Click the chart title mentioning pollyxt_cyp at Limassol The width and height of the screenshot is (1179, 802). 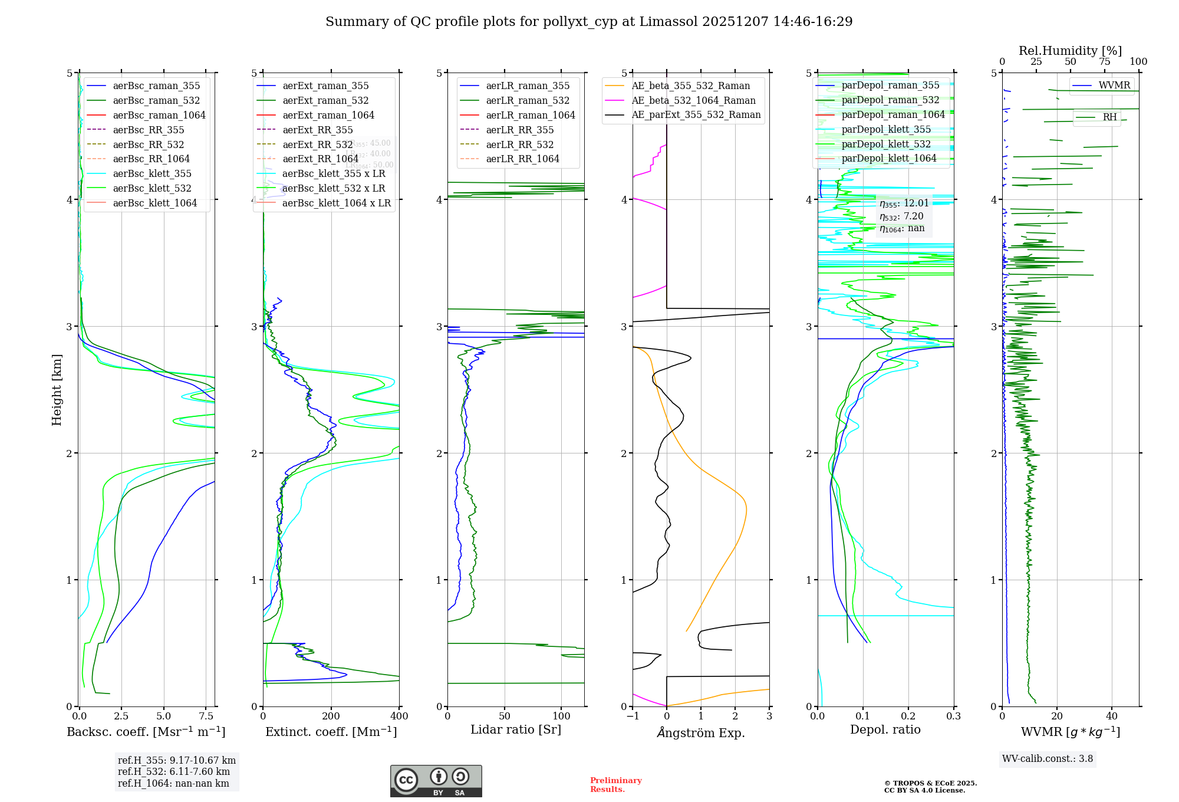(x=589, y=22)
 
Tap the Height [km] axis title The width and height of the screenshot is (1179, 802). (x=57, y=390)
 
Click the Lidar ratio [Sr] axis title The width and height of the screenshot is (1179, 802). (x=516, y=730)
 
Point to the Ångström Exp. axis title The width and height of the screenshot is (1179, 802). (x=701, y=732)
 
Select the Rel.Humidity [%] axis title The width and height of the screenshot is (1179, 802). (x=1070, y=51)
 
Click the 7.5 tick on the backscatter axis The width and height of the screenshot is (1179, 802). (x=206, y=716)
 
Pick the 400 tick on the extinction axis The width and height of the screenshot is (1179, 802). (x=399, y=716)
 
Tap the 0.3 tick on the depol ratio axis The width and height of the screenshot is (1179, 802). (x=953, y=716)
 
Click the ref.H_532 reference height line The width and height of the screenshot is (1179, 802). (x=174, y=772)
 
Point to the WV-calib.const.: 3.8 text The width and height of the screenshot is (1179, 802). (x=1048, y=759)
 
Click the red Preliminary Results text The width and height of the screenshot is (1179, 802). (x=615, y=785)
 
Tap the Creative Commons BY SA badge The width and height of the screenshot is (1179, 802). (x=436, y=781)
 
